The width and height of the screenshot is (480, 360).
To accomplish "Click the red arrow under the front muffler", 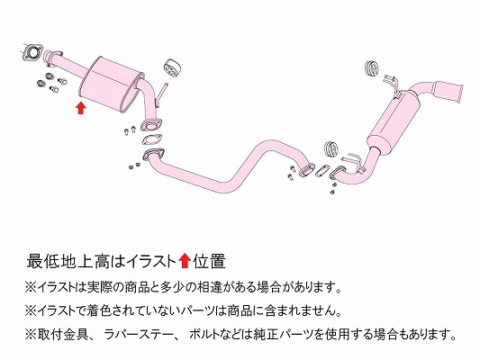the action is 80,108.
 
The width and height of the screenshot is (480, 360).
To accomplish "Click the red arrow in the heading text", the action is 185,261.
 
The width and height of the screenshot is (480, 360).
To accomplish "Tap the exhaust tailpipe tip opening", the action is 460,94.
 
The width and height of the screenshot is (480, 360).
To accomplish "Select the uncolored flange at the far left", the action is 32,52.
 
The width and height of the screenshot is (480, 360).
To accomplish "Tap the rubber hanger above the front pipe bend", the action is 173,67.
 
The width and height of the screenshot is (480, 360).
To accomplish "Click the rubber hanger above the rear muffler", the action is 372,68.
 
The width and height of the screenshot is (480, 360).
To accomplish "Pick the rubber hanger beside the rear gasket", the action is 331,149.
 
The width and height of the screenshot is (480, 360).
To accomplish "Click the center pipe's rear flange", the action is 307,170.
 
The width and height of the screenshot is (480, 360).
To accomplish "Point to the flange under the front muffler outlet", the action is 151,125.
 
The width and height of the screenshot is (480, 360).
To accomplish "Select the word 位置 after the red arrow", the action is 210,262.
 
